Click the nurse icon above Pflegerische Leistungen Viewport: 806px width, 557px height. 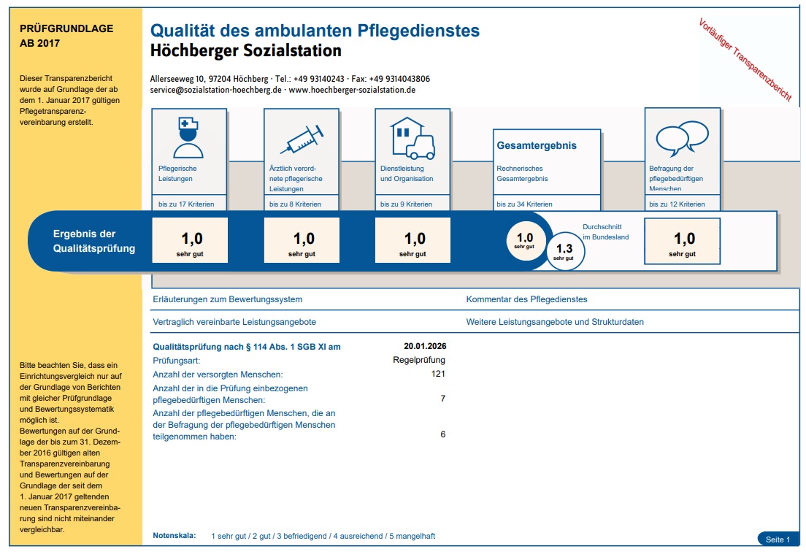pos(188,137)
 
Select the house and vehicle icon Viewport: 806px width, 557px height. pos(412,137)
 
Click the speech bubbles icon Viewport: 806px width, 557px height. pos(682,136)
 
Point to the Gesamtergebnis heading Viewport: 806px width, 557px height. pos(537,145)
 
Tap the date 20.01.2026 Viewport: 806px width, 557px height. pos(424,346)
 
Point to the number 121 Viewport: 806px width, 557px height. pos(438,374)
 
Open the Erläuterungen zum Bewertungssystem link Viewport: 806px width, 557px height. pos(227,299)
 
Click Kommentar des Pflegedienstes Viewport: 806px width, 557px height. pos(526,299)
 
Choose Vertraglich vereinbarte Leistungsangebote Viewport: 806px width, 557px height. pos(234,321)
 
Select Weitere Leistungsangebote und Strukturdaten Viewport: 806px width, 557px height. pos(555,321)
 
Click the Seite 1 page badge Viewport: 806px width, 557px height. pos(778,539)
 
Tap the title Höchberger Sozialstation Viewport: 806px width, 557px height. pos(245,51)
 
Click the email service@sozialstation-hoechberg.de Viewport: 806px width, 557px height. pos(216,90)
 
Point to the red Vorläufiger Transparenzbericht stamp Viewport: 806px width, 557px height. pos(745,60)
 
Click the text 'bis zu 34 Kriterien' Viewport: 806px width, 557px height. pos(524,204)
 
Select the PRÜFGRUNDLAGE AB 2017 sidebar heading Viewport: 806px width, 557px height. pos(66,36)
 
